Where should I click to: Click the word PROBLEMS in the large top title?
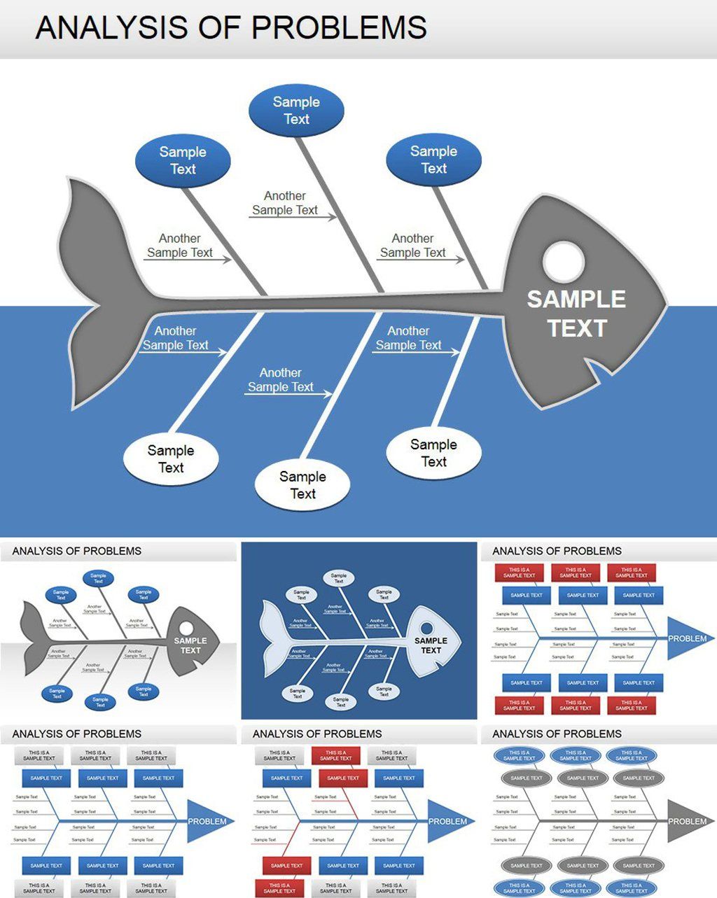[339, 28]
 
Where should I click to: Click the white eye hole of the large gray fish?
[564, 262]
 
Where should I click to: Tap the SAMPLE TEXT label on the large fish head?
[576, 314]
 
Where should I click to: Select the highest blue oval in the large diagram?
[296, 111]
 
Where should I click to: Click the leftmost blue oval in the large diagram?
[183, 160]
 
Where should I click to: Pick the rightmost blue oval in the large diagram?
[433, 160]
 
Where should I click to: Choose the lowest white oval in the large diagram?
[302, 485]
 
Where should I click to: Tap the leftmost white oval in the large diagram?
[171, 459]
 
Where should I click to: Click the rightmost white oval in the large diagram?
[433, 453]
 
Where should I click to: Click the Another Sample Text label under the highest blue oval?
[285, 203]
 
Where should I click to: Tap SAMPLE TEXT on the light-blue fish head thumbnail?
[431, 645]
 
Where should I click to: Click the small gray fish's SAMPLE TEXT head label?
[190, 645]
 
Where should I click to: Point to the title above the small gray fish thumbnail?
[77, 551]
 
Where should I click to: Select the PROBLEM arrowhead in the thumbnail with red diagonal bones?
[447, 821]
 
